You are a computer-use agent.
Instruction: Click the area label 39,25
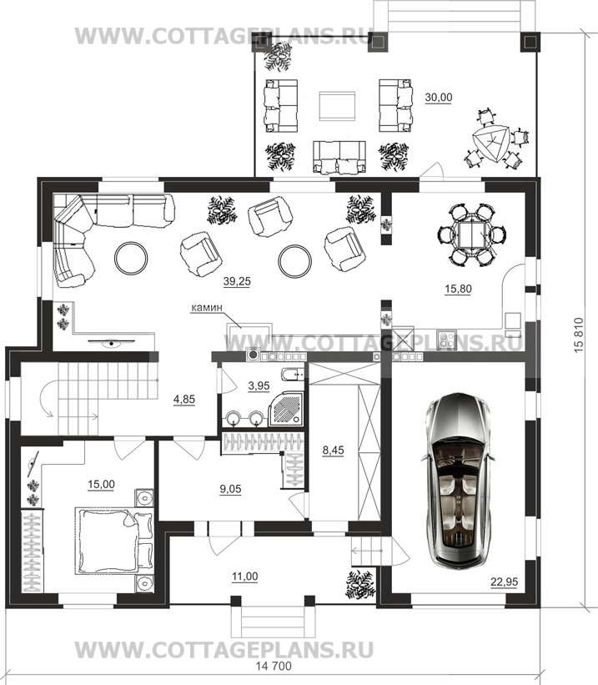[x=237, y=282]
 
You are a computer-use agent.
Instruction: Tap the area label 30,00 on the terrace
[x=439, y=98]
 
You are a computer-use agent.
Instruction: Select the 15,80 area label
[x=458, y=289]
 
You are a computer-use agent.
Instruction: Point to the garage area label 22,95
[x=504, y=582]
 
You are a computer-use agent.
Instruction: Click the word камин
[x=207, y=308]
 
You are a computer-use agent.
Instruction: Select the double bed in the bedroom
[x=113, y=540]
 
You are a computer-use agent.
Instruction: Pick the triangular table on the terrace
[x=491, y=143]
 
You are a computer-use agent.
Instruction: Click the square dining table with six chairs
[x=471, y=235]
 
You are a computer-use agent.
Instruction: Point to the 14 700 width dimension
[x=274, y=667]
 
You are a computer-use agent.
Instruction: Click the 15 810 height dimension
[x=579, y=335]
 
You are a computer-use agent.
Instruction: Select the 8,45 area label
[x=334, y=450]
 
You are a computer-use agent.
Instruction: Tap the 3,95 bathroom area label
[x=259, y=385]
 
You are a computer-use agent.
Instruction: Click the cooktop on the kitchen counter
[x=446, y=340]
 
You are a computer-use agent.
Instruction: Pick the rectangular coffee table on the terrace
[x=337, y=105]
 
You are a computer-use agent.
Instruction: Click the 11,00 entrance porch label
[x=244, y=577]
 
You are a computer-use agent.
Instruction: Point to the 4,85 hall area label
[x=183, y=400]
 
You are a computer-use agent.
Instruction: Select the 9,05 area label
[x=230, y=489]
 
